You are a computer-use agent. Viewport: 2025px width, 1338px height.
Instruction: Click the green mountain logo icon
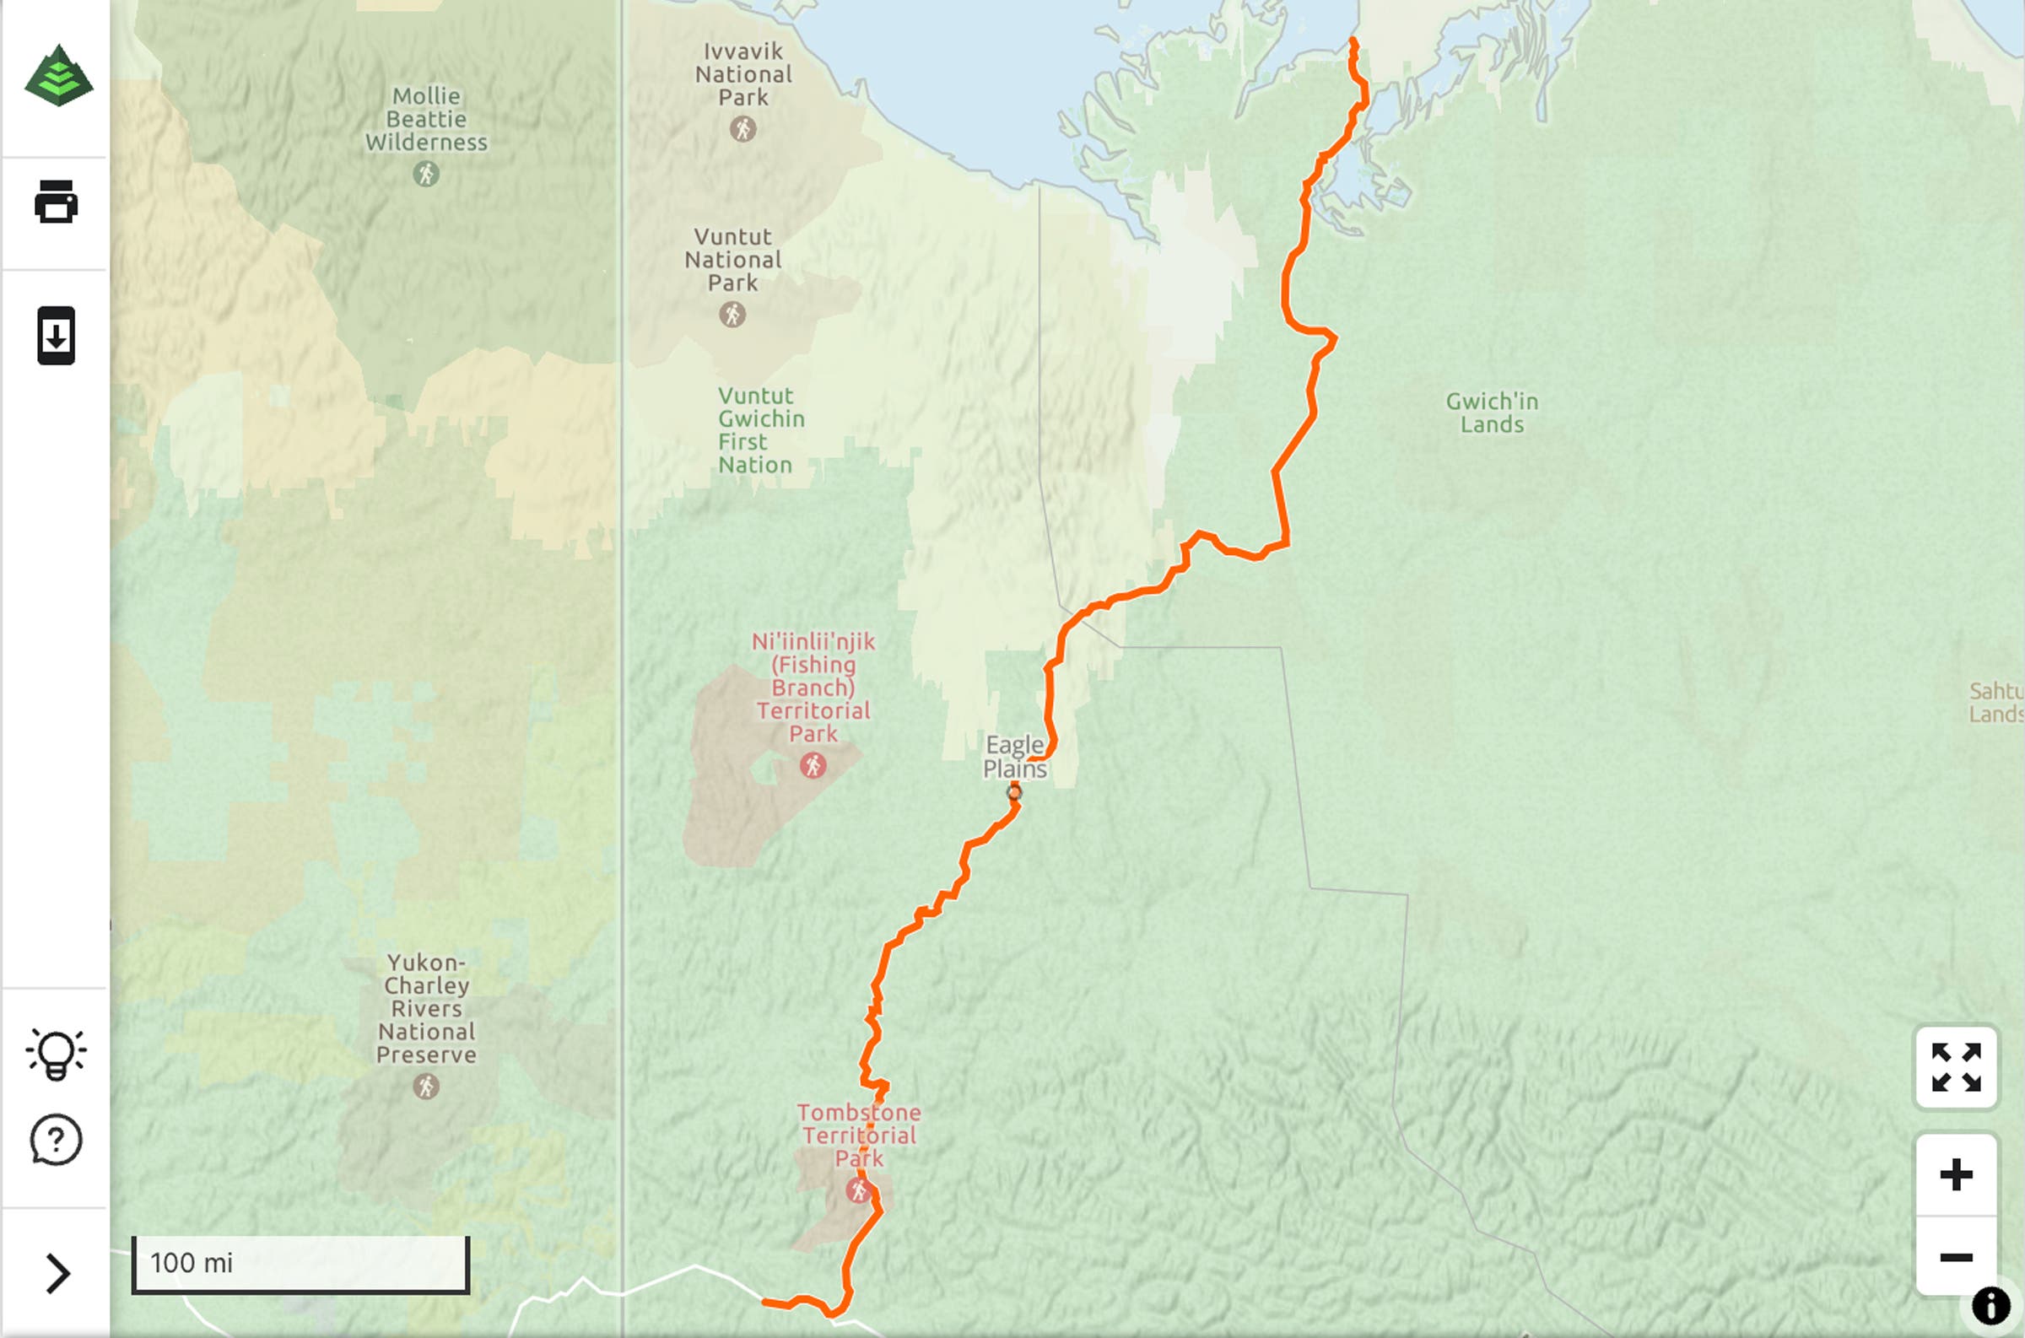tap(58, 76)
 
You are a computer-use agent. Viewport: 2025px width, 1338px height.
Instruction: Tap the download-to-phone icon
tap(57, 336)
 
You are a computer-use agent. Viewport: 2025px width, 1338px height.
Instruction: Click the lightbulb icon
tap(57, 1055)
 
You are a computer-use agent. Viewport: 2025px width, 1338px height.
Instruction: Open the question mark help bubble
tap(57, 1140)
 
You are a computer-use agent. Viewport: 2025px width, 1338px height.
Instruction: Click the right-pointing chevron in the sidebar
tap(57, 1273)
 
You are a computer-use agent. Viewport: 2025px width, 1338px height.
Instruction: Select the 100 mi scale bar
tap(300, 1264)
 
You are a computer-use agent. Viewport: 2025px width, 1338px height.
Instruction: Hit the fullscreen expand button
tap(1956, 1067)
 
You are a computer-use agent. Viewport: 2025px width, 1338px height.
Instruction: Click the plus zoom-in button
tap(1956, 1175)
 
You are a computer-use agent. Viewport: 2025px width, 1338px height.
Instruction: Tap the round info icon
tap(1991, 1306)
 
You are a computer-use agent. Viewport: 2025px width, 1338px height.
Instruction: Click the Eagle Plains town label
tap(1015, 757)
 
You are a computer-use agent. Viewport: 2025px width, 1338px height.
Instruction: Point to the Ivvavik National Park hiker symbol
tap(742, 129)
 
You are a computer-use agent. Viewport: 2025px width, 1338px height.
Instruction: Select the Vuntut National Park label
tap(733, 259)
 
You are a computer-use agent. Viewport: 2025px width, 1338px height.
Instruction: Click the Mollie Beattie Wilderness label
tap(427, 120)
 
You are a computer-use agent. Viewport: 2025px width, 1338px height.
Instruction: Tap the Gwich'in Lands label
tap(1492, 413)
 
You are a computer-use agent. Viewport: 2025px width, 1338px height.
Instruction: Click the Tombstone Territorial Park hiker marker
tap(858, 1190)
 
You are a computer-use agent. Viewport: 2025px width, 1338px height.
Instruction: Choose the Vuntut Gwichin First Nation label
tap(759, 430)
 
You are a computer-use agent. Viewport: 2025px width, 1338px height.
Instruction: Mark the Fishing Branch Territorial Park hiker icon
tap(813, 765)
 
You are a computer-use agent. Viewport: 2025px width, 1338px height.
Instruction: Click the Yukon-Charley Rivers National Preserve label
tap(426, 1009)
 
